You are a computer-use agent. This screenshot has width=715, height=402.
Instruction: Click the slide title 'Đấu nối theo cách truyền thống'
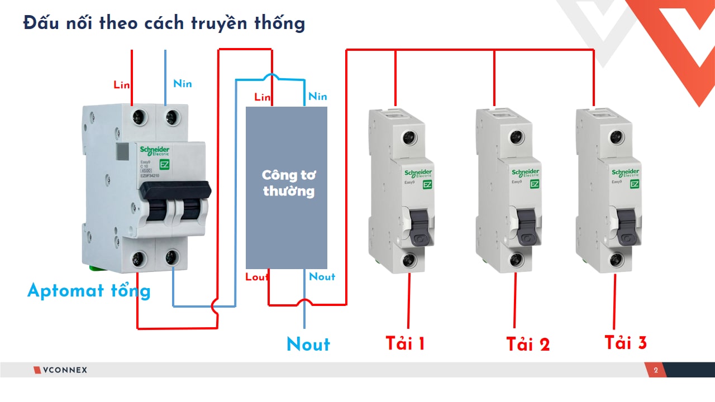tap(164, 23)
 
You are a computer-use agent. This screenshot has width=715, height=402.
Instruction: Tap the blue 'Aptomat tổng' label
tap(89, 291)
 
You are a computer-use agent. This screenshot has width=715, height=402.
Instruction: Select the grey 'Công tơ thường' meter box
tap(287, 188)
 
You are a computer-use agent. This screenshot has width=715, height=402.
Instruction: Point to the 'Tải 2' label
tap(528, 344)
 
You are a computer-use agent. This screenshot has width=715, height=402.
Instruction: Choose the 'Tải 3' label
tap(626, 342)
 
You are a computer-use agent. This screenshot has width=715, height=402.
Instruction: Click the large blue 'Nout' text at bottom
tap(308, 344)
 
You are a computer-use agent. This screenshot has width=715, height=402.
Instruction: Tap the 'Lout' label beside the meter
tap(257, 277)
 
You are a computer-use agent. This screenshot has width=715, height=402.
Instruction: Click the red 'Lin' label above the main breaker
tap(121, 85)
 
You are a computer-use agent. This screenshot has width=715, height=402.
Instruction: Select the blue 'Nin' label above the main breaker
tap(182, 84)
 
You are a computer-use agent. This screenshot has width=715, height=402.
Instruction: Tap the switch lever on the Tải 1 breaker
tap(419, 226)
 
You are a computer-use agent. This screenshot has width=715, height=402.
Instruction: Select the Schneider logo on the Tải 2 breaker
tap(526, 173)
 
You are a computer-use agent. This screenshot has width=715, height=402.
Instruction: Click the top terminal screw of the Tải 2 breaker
tap(516, 137)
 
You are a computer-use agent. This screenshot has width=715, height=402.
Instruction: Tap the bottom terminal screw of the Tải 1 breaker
tap(409, 260)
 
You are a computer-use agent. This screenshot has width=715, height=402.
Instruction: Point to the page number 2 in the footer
tap(656, 370)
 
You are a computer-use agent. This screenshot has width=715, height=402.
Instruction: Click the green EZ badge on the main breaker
tap(165, 164)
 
